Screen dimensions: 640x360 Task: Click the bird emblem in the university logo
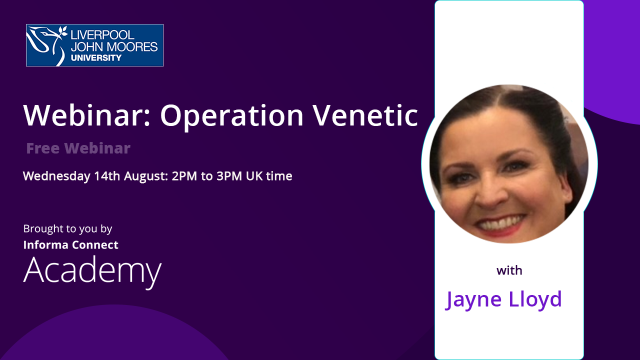point(47,44)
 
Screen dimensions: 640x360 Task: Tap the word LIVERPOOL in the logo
point(102,35)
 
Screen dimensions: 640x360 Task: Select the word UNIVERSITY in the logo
point(96,57)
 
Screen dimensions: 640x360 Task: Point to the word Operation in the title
point(231,116)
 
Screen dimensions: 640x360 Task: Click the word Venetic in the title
point(365,115)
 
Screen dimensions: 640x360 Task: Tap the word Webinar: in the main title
point(87,114)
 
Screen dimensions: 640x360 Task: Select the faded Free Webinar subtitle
point(78,148)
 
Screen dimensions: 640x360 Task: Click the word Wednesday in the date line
point(56,176)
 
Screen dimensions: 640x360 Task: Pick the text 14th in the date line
point(107,176)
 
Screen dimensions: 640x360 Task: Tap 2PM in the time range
point(184,176)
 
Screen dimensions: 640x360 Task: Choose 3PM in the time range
point(229,176)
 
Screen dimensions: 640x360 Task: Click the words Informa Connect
point(71,245)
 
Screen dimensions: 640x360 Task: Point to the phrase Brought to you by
point(67,229)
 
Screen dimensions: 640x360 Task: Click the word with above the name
point(509,270)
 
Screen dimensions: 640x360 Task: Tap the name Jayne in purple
point(473,300)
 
